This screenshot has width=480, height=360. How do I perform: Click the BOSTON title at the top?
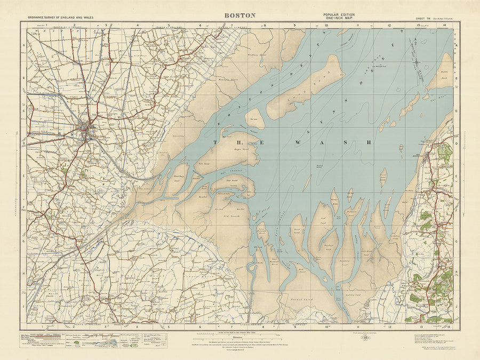[x=236, y=15]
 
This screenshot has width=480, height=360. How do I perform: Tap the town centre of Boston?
[x=85, y=130]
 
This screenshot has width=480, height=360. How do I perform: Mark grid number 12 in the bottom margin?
[x=389, y=326]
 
